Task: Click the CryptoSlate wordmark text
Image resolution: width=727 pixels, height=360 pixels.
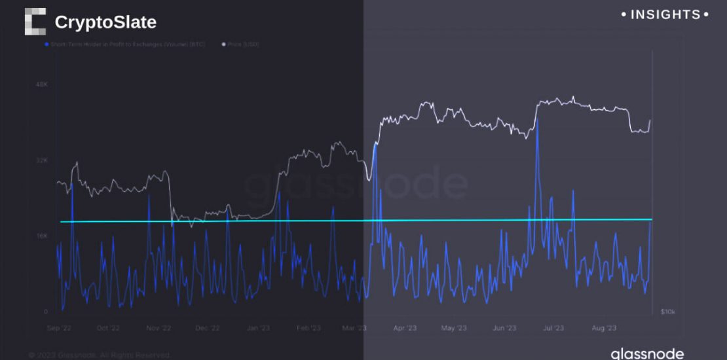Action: tap(105, 22)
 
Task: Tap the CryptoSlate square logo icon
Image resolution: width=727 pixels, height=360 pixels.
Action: tap(35, 21)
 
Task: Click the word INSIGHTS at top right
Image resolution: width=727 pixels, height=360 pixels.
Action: tap(665, 14)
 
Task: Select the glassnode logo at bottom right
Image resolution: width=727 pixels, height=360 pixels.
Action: tap(647, 353)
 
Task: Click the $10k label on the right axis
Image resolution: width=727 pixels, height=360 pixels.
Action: tap(669, 312)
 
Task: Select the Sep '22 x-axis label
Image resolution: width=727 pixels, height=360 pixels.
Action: tap(58, 328)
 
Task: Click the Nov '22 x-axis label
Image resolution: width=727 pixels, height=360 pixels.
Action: tap(158, 328)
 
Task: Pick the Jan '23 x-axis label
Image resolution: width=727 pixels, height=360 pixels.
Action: tap(259, 328)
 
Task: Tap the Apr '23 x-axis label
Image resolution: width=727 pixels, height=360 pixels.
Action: tap(405, 328)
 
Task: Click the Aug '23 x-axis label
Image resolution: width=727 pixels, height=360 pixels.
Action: tap(603, 328)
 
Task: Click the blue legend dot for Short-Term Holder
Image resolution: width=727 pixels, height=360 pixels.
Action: tap(46, 45)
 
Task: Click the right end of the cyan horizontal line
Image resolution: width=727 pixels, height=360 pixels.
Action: tap(652, 219)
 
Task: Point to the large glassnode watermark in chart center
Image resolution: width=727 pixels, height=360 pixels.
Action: tap(357, 185)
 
